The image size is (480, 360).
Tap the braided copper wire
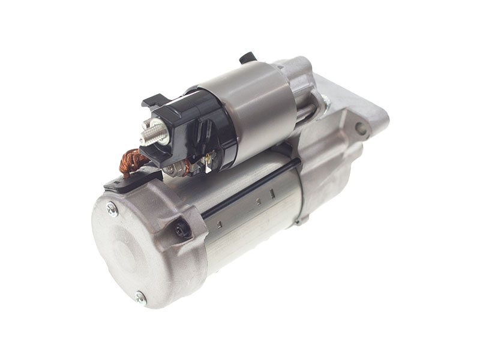click(132, 161)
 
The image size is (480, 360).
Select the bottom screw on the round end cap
click(140, 296)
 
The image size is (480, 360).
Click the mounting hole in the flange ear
click(361, 128)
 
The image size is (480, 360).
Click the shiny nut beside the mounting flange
click(325, 102)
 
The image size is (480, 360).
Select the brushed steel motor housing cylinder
click(252, 210)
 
